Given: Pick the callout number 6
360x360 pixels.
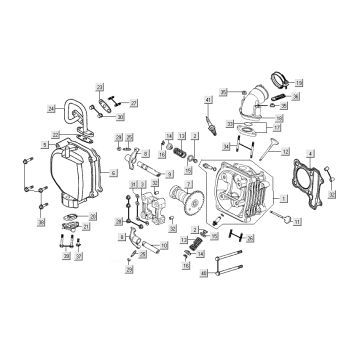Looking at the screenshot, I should coord(112,172).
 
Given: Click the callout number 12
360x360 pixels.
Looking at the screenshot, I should coord(286,151).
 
